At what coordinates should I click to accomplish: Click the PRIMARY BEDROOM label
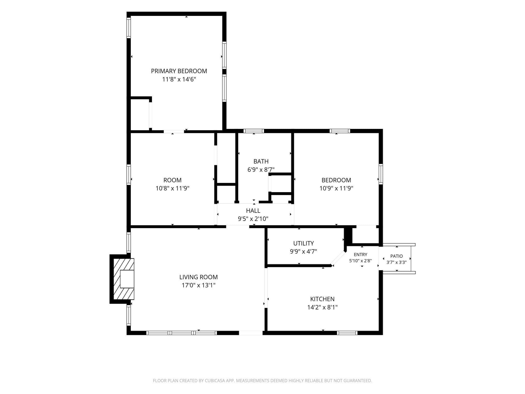[x=179, y=71]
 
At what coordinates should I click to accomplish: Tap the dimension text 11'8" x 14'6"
[x=179, y=79]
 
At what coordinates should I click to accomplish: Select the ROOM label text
[x=173, y=180]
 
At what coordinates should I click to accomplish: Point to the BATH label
[x=261, y=161]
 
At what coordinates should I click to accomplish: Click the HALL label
[x=253, y=211]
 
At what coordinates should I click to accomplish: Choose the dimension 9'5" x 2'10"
[x=253, y=219]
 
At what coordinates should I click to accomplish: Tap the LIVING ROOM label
[x=198, y=277]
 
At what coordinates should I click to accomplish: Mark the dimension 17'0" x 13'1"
[x=198, y=285]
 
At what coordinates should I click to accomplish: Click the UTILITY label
[x=304, y=243]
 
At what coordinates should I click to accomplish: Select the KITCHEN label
[x=322, y=299]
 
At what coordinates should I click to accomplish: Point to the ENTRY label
[x=360, y=254]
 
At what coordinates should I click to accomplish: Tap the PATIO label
[x=397, y=256]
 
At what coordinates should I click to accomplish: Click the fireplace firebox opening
[x=127, y=279]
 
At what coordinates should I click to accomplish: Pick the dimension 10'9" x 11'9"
[x=336, y=188]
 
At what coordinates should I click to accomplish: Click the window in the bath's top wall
[x=254, y=131]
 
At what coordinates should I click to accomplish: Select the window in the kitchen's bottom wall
[x=347, y=333]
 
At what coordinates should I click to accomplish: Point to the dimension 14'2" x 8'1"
[x=322, y=307]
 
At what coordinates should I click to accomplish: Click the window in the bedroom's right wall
[x=381, y=174]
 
